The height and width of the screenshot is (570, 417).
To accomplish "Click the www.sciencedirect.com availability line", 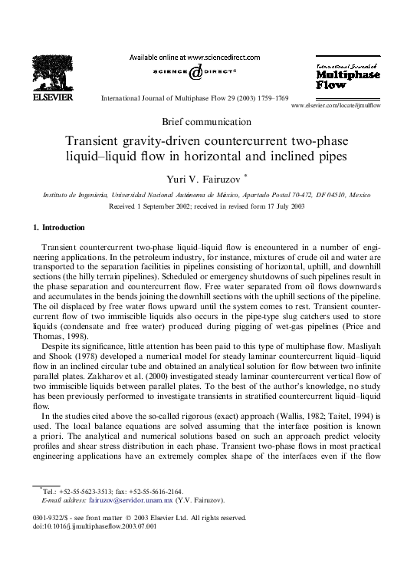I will pos(194,58).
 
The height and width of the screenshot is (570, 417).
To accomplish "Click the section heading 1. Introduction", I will pos(60,228).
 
